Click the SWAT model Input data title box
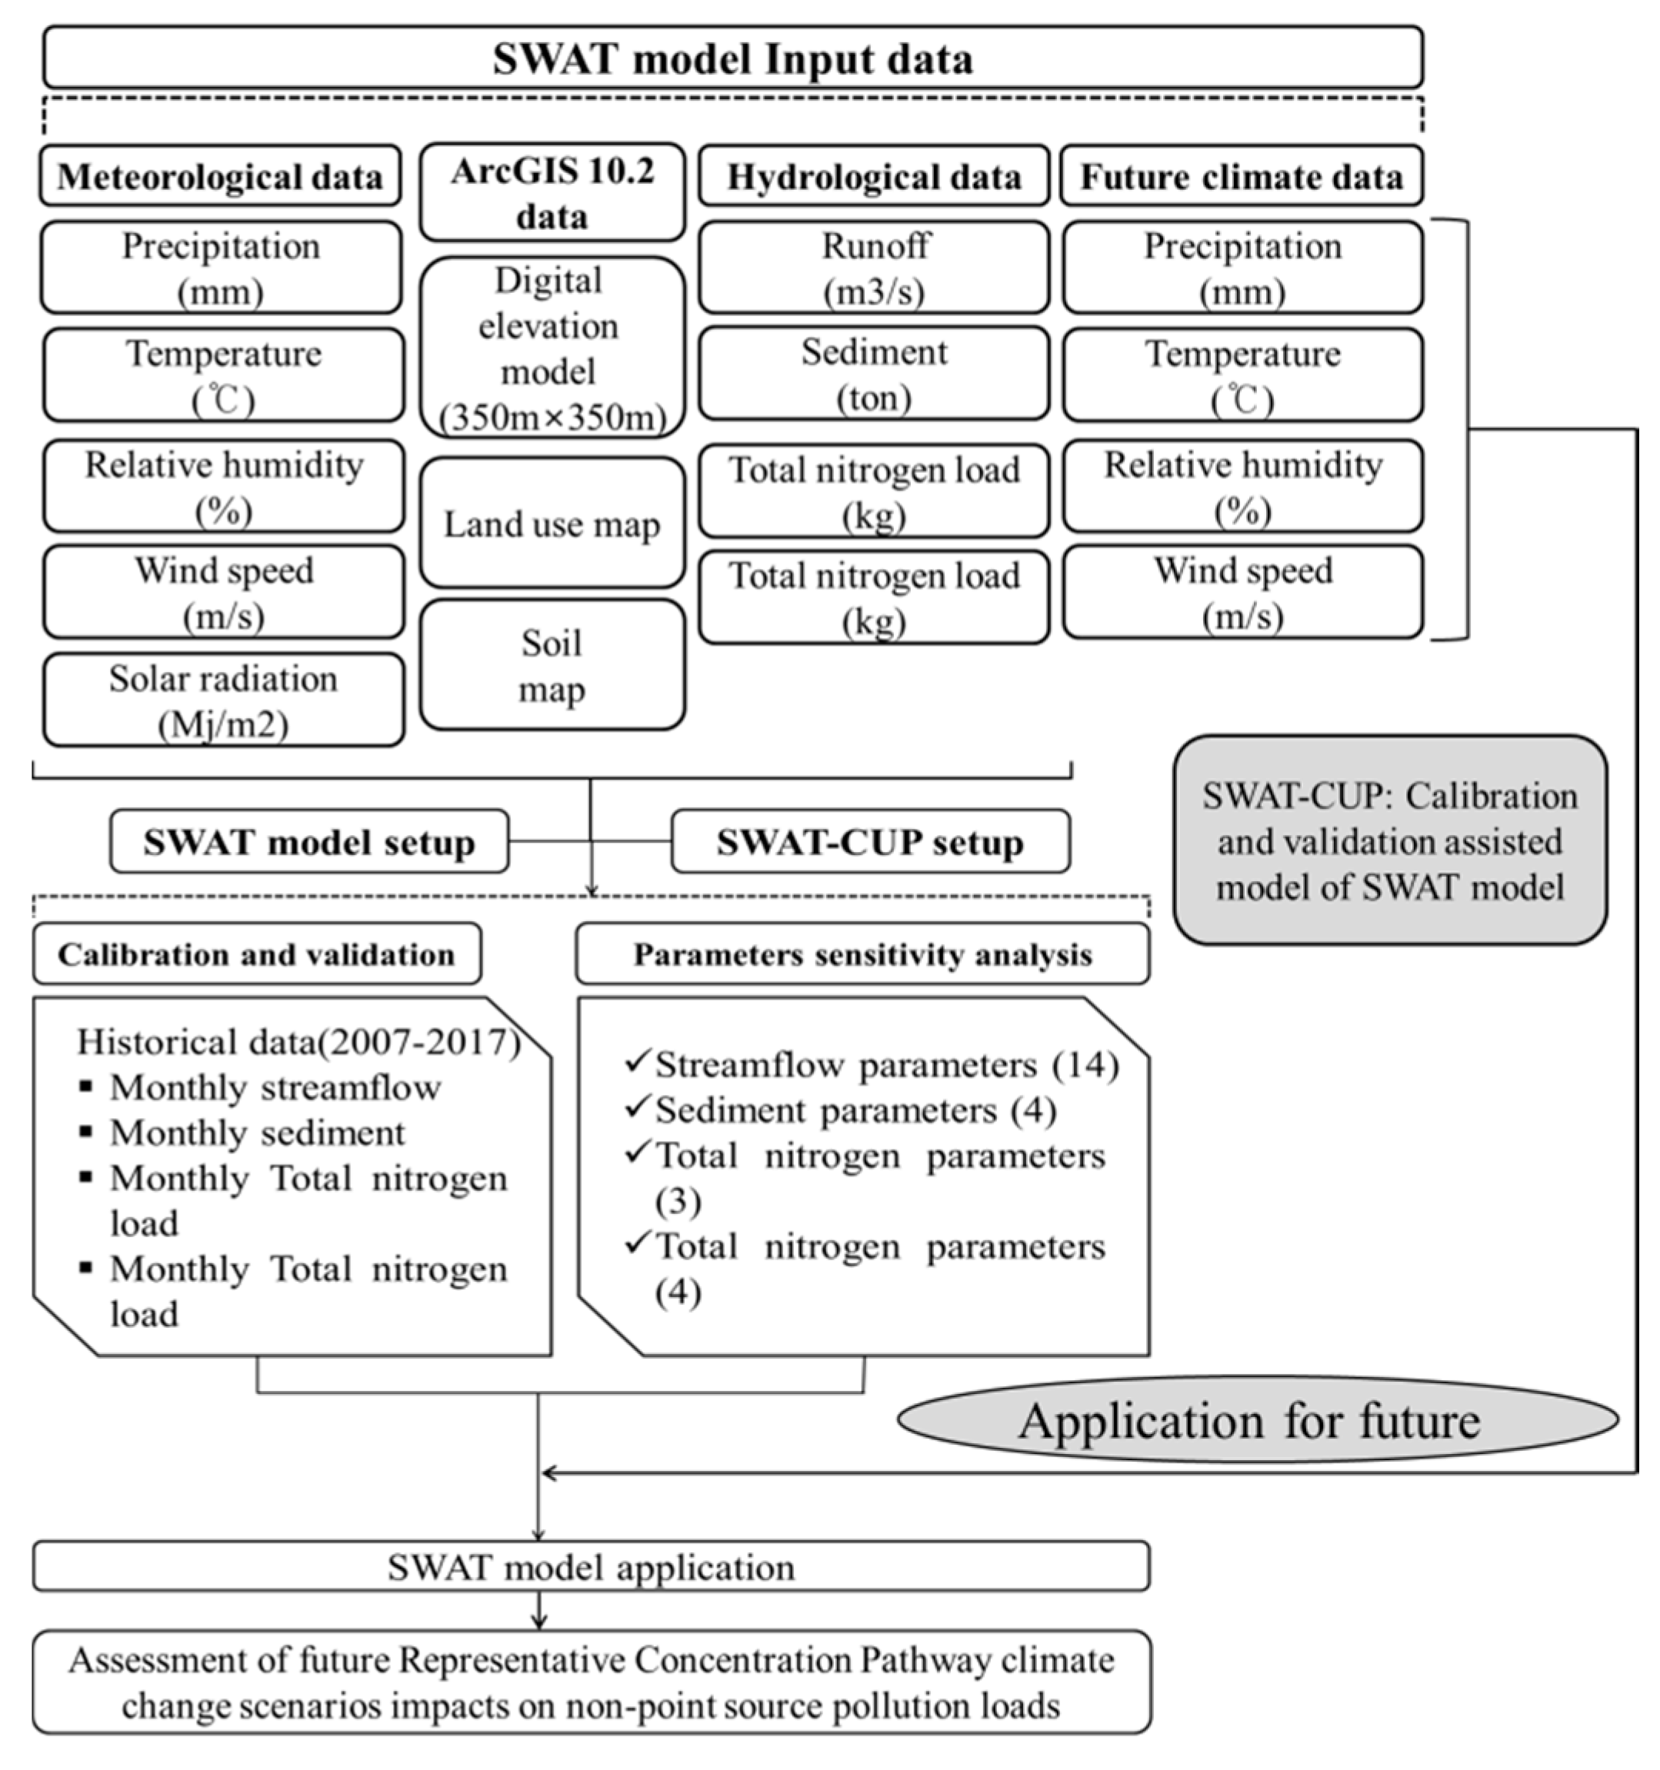tap(732, 58)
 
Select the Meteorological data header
tap(220, 176)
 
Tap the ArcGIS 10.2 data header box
tap(552, 193)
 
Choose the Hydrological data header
tap(874, 176)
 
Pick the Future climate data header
tap(1242, 176)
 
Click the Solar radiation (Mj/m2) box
tap(224, 700)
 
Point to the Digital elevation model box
tap(552, 348)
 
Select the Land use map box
tap(552, 524)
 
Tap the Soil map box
tap(552, 666)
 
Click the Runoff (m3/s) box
tap(874, 267)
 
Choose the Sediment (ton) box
tap(874, 374)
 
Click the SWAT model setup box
tap(309, 841)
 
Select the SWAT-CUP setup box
tap(870, 841)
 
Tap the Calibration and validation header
tap(256, 954)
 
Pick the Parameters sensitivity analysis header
tap(862, 954)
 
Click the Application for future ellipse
tap(1257, 1421)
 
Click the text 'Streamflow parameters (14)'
tap(886, 1065)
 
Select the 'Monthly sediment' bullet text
tap(256, 1133)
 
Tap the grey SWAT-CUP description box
tap(1389, 840)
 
